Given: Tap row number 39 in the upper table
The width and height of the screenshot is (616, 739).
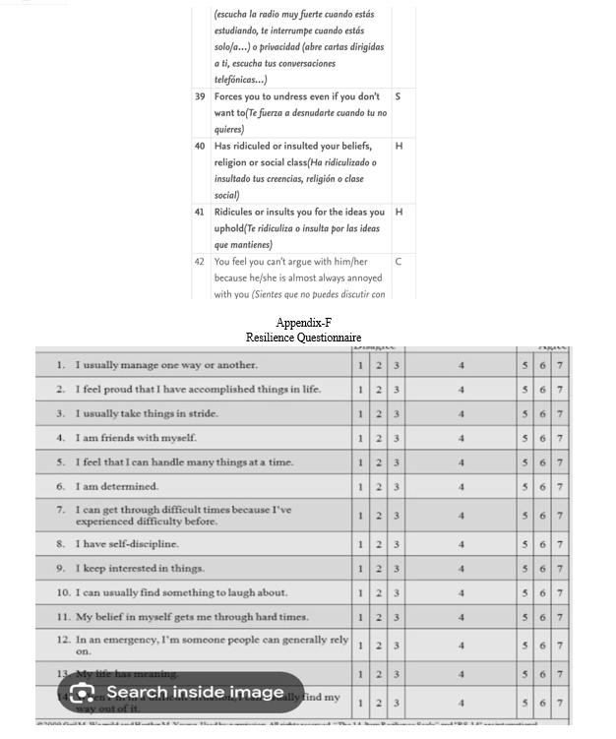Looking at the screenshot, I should click(x=200, y=97).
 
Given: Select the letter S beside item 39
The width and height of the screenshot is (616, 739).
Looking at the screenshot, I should click(x=398, y=97).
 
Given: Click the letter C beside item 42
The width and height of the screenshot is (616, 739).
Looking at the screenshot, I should click(x=398, y=262).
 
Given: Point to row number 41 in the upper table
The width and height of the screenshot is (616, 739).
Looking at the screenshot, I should click(x=200, y=213).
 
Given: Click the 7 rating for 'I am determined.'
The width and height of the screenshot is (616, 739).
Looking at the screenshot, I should click(x=560, y=487).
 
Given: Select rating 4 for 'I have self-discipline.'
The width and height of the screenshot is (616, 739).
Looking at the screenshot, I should click(x=461, y=544).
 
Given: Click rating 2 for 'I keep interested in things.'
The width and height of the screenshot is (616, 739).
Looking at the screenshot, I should click(x=379, y=569).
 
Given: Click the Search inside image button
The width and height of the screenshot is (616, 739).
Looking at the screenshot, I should click(x=180, y=693).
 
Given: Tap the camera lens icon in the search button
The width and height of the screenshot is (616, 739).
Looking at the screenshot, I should click(x=82, y=693).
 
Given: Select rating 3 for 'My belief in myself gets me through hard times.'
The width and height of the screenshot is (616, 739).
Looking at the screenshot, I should click(x=396, y=617).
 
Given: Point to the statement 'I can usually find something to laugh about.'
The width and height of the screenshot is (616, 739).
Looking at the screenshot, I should click(x=180, y=592).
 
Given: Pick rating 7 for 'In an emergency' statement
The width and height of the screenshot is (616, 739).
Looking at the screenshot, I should click(x=560, y=646).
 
